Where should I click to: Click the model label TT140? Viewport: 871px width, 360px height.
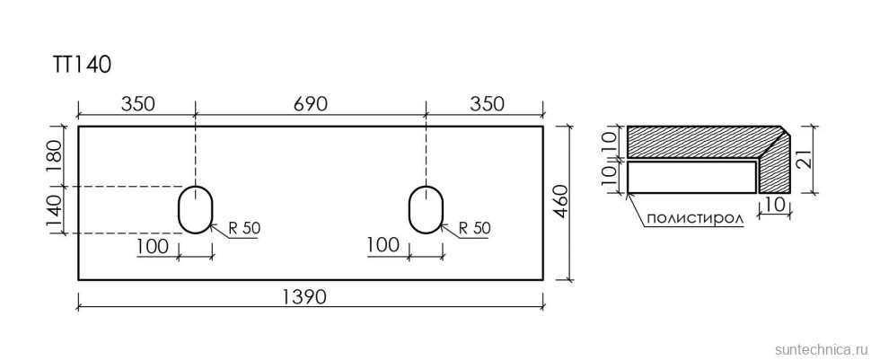(x=84, y=65)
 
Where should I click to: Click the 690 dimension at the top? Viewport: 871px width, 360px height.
(x=310, y=104)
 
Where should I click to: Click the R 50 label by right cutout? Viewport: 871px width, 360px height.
(x=475, y=228)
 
